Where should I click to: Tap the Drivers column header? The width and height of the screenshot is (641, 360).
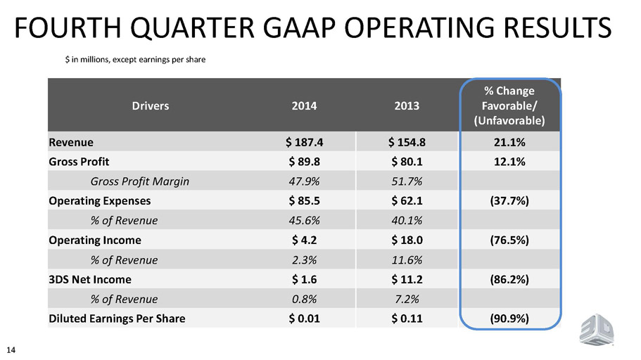click(x=151, y=106)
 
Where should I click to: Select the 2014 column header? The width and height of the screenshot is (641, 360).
click(x=304, y=106)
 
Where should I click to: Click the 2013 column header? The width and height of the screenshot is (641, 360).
click(x=407, y=106)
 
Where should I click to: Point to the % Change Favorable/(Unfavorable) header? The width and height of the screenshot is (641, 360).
click(x=509, y=105)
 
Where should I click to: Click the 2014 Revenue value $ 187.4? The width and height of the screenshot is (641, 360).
click(x=304, y=142)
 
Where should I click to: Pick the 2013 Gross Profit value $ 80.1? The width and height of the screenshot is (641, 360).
click(x=407, y=162)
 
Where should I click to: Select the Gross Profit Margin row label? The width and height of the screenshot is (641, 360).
click(x=140, y=181)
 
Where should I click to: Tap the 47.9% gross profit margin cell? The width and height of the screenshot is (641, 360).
click(x=304, y=181)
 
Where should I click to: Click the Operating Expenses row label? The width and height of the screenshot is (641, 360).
click(x=100, y=201)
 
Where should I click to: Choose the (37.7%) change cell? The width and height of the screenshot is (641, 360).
click(x=509, y=201)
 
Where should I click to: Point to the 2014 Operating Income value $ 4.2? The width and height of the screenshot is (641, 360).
click(x=304, y=240)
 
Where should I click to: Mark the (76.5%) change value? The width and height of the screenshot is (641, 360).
click(x=509, y=240)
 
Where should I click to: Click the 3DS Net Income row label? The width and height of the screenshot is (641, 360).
click(x=90, y=280)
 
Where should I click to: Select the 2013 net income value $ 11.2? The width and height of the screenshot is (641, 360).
click(x=407, y=280)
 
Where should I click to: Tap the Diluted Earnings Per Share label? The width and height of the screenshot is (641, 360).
click(x=117, y=319)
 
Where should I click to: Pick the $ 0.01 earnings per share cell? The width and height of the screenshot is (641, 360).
click(x=304, y=319)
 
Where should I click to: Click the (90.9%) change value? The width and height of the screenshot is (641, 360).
click(x=509, y=319)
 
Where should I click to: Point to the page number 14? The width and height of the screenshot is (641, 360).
click(x=11, y=349)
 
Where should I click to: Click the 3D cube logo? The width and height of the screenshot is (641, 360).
click(x=597, y=329)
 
